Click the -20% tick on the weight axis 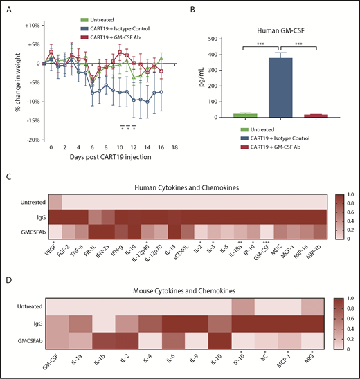point(30,140)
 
